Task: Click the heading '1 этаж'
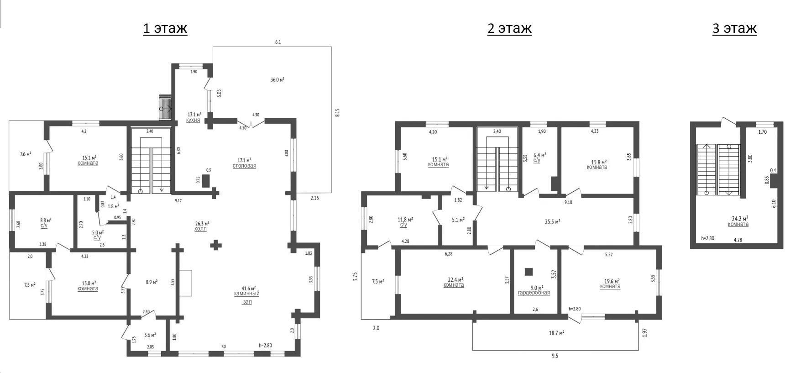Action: [x=165, y=28]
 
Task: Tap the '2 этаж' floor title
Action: [x=509, y=28]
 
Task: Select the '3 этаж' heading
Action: [x=734, y=28]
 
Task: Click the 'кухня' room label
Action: [x=193, y=120]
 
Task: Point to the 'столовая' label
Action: [x=244, y=166]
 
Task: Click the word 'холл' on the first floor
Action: [x=200, y=229]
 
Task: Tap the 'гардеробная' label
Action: [x=534, y=293]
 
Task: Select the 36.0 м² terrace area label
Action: [x=277, y=79]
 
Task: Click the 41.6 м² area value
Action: [x=248, y=288]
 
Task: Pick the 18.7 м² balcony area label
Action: [x=556, y=333]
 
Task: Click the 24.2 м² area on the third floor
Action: [x=738, y=219]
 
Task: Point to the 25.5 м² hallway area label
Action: [x=552, y=222]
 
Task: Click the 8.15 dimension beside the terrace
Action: [x=337, y=113]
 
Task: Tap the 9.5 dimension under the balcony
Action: [x=555, y=356]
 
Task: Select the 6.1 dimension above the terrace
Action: [x=278, y=42]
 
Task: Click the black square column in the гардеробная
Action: [x=528, y=272]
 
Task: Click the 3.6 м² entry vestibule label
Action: [x=151, y=335]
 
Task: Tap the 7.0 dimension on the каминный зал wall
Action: [x=223, y=347]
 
